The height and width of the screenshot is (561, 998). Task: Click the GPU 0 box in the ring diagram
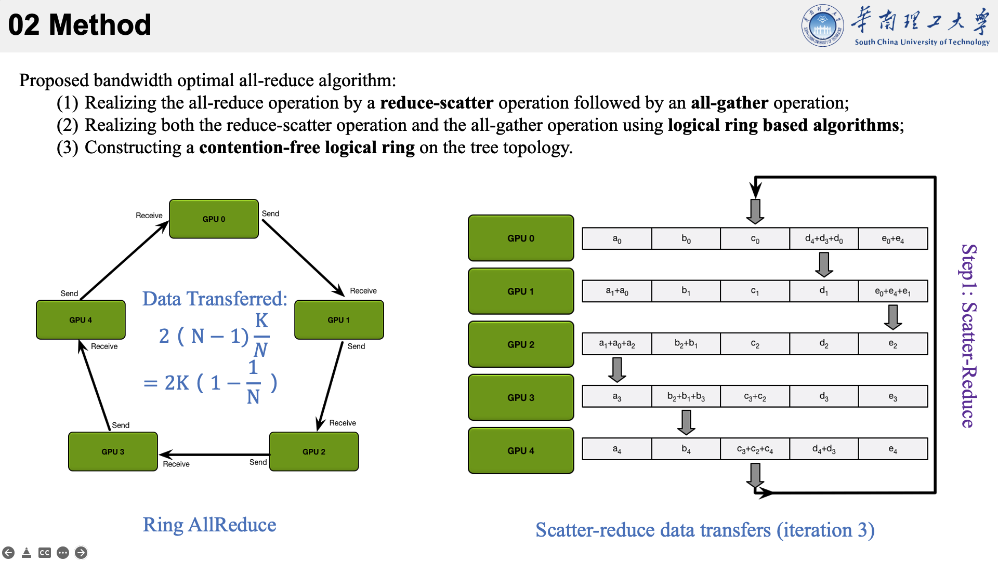[x=214, y=219]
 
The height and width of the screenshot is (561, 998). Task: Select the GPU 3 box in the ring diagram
[x=113, y=451]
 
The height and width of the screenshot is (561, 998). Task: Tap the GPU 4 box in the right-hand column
[x=521, y=450]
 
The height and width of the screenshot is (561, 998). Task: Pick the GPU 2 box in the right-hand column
[x=521, y=344]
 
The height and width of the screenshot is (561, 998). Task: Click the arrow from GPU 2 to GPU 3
[x=213, y=455]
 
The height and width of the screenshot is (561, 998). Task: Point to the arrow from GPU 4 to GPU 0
[x=125, y=260]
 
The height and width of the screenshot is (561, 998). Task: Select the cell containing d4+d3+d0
[x=824, y=238]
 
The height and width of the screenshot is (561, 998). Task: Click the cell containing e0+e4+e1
[x=892, y=291]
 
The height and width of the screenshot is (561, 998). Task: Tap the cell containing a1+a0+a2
[x=617, y=344]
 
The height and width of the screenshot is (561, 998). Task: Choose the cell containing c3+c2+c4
[x=755, y=449]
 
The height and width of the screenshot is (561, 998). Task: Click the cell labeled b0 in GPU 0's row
[x=686, y=238]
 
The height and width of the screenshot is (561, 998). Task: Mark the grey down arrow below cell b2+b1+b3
[x=686, y=422]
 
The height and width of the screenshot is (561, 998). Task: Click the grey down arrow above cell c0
[x=755, y=210]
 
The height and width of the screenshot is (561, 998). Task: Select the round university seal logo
[x=822, y=25]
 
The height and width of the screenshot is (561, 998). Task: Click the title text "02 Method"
[x=80, y=24]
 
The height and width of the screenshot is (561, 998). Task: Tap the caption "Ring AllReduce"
[x=209, y=525]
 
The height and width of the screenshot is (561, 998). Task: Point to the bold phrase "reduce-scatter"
[x=437, y=103]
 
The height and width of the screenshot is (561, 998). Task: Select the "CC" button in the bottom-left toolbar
[x=45, y=553]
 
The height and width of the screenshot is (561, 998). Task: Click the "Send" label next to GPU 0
[x=270, y=213]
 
